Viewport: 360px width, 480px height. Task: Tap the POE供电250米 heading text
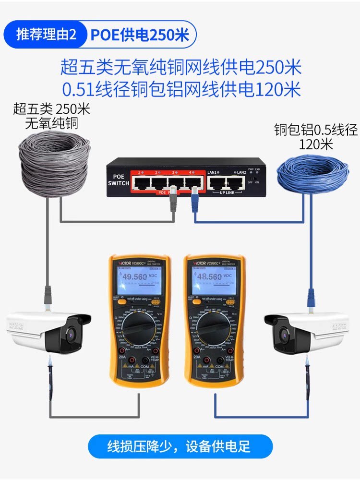pos(140,35)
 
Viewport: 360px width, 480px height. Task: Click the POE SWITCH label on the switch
pos(118,180)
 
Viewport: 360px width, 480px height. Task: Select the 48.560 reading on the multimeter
pos(209,277)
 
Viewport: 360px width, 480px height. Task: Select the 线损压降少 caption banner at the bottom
pos(180,447)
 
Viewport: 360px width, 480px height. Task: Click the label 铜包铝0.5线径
pos(316,129)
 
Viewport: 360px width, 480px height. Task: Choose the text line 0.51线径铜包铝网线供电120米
pos(181,90)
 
